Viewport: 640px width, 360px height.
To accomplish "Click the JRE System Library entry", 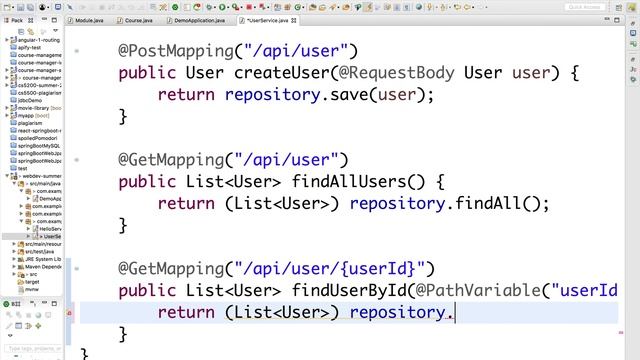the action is pos(44,259).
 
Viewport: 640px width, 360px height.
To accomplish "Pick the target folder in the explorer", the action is pos(32,282).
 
